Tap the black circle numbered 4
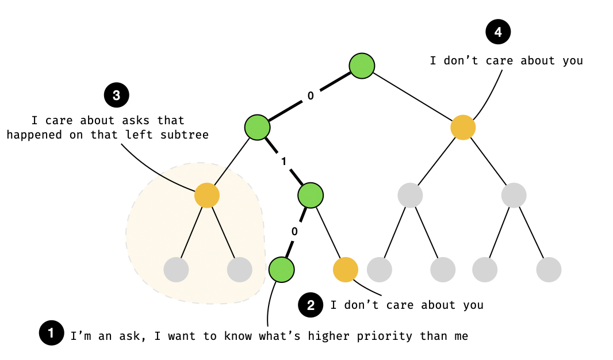click(498, 32)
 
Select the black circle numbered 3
click(116, 95)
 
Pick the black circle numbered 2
click(311, 305)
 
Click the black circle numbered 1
click(51, 333)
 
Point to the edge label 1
click(283, 162)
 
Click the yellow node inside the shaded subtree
click(207, 196)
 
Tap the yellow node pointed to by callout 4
click(463, 127)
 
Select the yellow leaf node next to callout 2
click(346, 269)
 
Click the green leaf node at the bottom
click(282, 269)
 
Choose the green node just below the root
click(257, 127)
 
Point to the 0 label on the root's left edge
click(311, 96)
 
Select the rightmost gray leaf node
click(549, 269)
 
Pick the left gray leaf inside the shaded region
click(176, 269)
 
